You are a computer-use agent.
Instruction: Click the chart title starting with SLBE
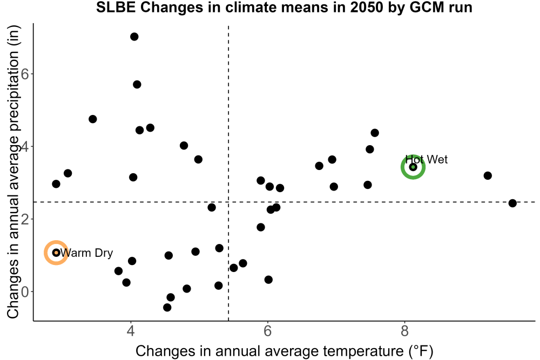pos(284,7)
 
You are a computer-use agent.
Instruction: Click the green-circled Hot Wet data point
pos(413,167)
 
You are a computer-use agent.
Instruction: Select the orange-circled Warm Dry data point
pos(56,253)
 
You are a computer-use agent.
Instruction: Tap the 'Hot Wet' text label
pos(427,159)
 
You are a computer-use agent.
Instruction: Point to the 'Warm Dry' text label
pos(86,253)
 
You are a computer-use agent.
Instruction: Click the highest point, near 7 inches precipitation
pos(134,37)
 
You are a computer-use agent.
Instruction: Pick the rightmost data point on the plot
pos(512,203)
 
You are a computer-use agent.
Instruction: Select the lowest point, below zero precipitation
pos(167,307)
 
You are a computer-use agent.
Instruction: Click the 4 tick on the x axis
pos(131,331)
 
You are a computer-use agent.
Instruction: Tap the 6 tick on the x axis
pos(268,331)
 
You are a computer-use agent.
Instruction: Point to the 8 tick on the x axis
pos(404,331)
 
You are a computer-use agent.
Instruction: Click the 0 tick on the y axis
pos(25,292)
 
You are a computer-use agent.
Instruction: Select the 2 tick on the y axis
pos(25,219)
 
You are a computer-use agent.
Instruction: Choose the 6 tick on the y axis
pos(25,74)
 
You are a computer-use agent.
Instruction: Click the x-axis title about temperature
pos(285,351)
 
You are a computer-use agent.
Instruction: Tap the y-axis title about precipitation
pos(13,172)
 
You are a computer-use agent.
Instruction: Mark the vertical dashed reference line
pos(228,173)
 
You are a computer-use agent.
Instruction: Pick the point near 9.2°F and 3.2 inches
pos(488,176)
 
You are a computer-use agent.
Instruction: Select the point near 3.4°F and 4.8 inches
pos(93,119)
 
